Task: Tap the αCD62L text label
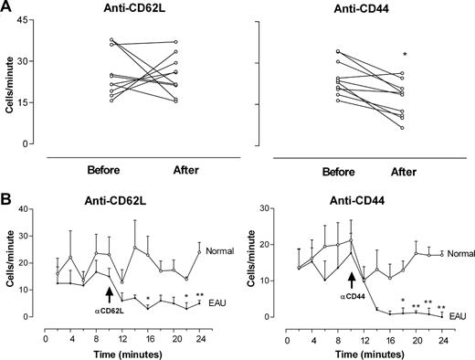(110, 311)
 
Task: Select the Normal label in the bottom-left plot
(218, 251)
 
